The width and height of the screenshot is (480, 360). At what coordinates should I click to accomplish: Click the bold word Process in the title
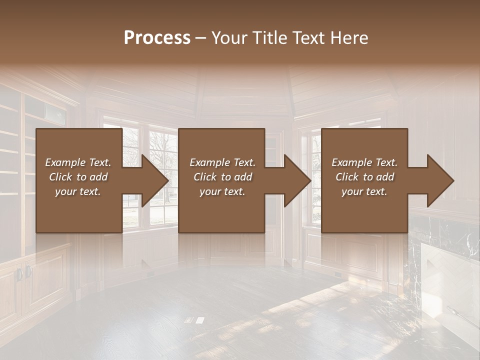pos(157,38)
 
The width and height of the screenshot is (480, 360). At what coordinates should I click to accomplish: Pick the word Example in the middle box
pos(207,162)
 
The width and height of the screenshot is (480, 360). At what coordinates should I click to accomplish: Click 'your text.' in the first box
pos(78,191)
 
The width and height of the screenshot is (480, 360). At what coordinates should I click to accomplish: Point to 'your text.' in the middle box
pos(222,191)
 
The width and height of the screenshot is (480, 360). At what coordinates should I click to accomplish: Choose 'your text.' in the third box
pos(364,191)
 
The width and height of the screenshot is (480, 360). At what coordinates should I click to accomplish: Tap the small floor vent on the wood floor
pos(194,320)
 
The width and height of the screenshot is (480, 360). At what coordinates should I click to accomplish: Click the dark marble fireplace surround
pos(440,235)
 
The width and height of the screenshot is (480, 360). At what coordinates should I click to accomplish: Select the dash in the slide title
pos(201,38)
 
